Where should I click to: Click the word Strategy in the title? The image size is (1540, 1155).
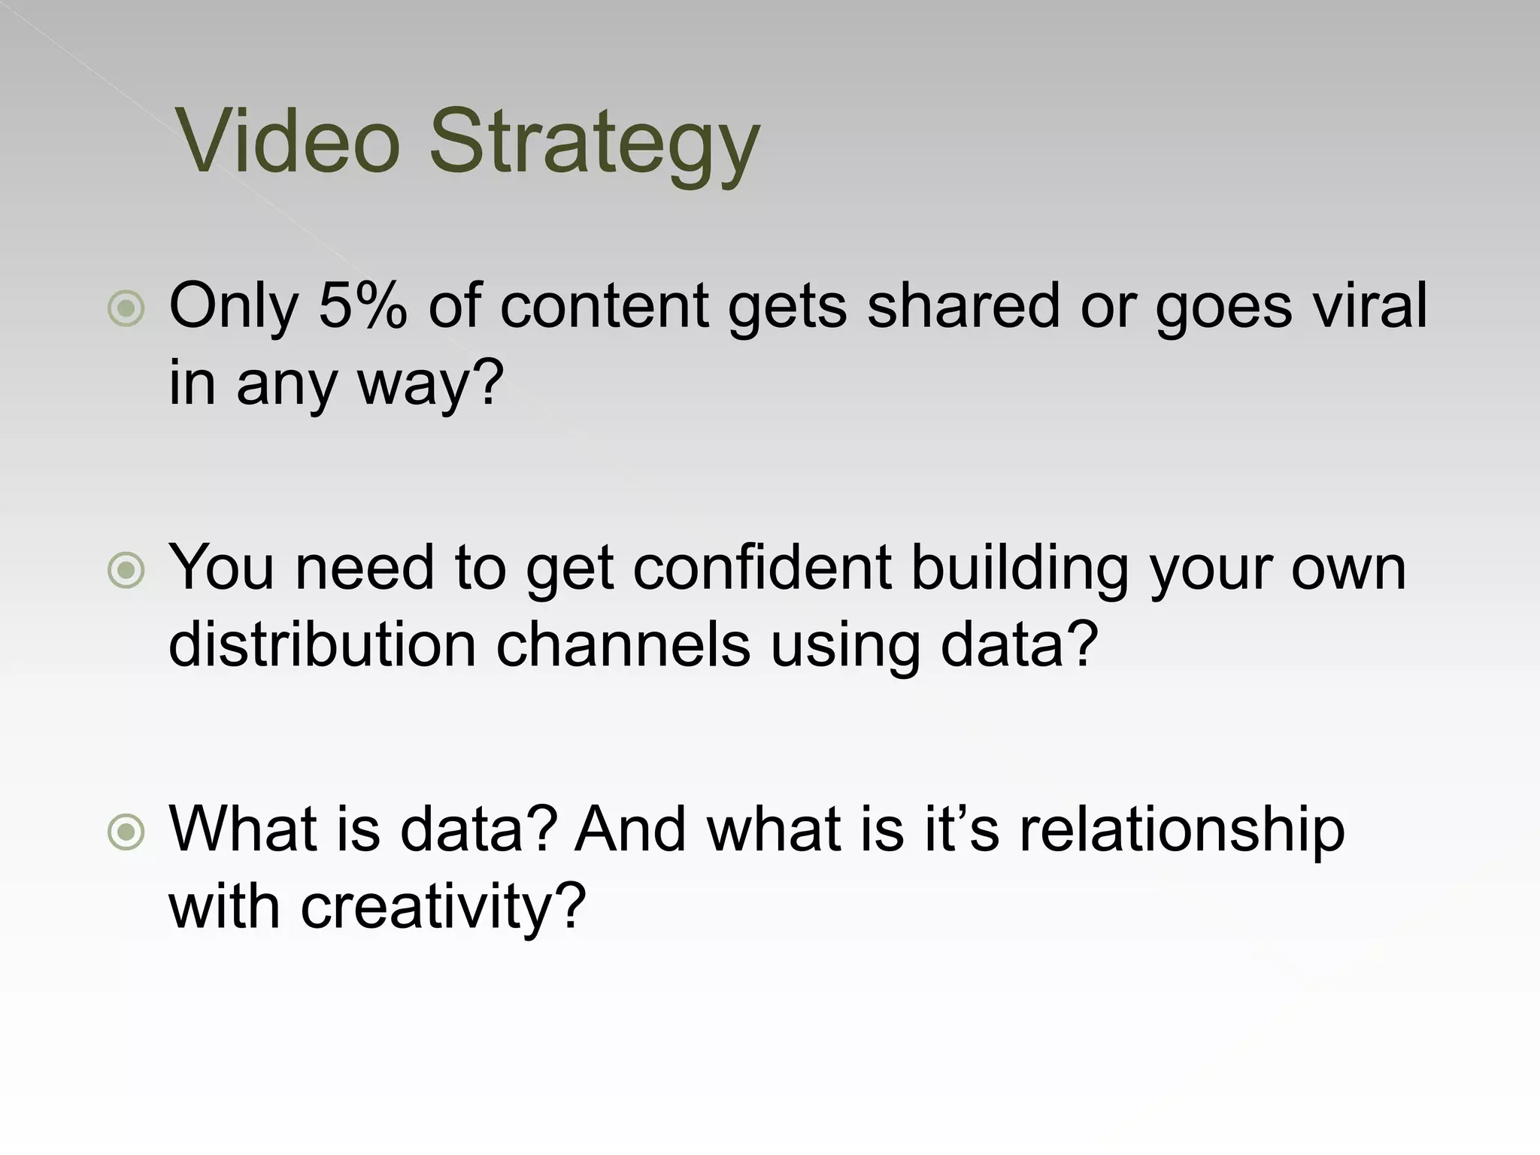point(594,143)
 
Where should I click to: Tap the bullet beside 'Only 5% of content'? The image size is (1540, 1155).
point(126,308)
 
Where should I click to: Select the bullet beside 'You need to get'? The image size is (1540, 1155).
point(126,570)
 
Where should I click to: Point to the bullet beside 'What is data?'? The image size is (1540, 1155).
point(126,832)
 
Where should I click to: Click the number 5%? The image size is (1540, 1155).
point(362,305)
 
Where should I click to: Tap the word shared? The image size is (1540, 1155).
point(964,305)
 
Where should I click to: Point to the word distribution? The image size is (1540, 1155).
point(322,644)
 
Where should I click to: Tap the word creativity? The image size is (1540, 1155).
point(442,908)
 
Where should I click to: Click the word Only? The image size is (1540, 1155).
point(234,307)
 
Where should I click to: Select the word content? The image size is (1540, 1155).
point(604,305)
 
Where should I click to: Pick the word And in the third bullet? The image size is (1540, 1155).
point(630,829)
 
